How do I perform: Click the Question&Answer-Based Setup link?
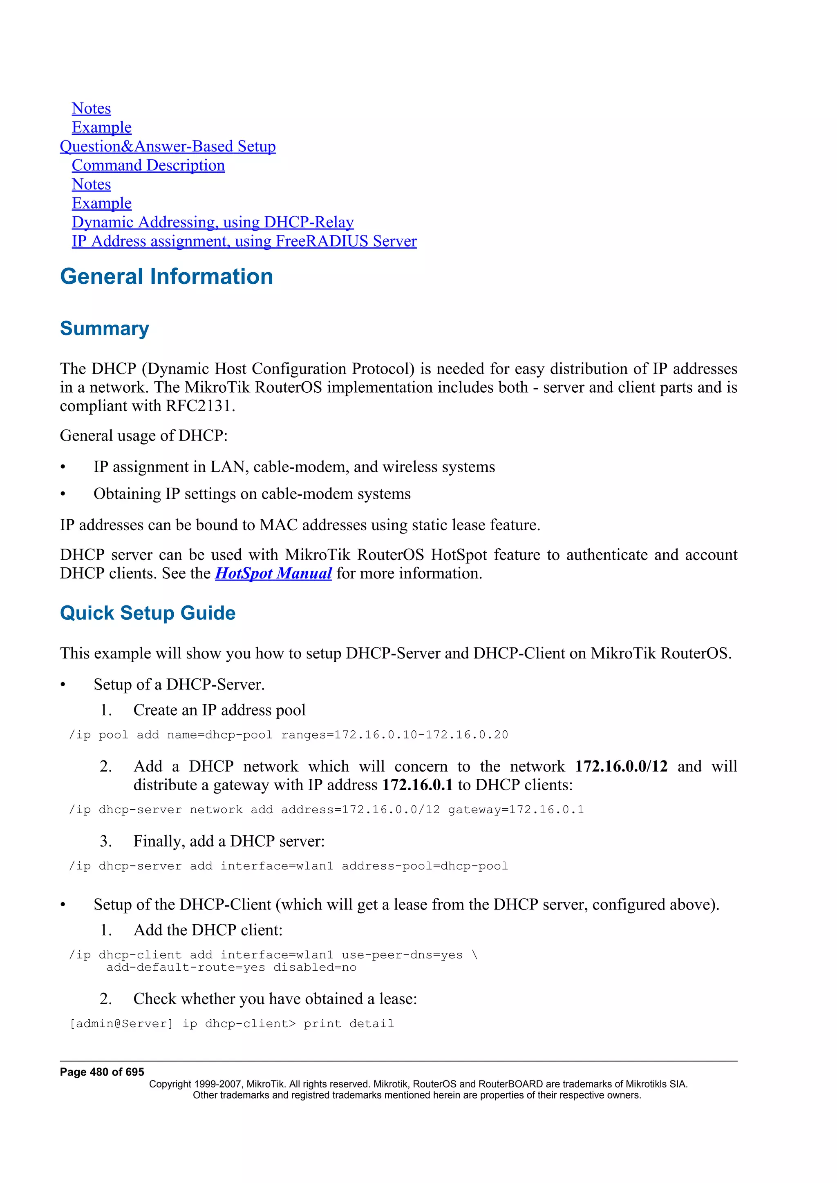click(x=168, y=146)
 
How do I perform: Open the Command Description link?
click(x=148, y=165)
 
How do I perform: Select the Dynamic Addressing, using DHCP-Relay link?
click(x=213, y=222)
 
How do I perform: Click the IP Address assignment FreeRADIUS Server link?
click(x=244, y=241)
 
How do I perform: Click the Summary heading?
click(x=104, y=329)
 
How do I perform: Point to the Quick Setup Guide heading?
click(x=148, y=613)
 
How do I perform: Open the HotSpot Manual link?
click(x=273, y=574)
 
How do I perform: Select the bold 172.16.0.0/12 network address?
click(x=621, y=766)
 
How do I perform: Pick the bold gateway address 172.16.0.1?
click(x=417, y=785)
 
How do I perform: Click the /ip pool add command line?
click(x=288, y=735)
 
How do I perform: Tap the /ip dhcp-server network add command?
click(x=326, y=809)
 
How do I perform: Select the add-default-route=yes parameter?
click(x=186, y=967)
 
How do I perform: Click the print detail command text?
click(x=348, y=1023)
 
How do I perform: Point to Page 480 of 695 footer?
click(x=102, y=1072)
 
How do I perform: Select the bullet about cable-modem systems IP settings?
click(x=252, y=494)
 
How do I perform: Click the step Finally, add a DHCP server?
click(x=229, y=841)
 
